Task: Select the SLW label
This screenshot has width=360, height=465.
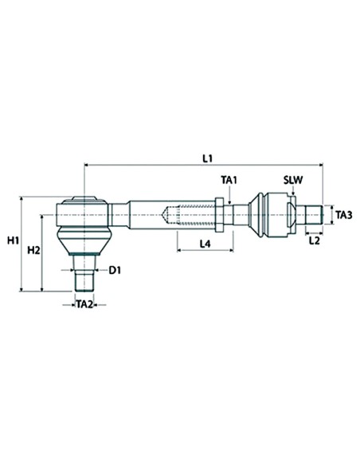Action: coord(294,182)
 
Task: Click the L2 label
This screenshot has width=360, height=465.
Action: coord(314,240)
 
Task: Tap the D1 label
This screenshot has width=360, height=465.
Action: coord(115,271)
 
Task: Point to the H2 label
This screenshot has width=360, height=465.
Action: coord(33,251)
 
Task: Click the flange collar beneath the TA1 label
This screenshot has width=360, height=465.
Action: coord(229,215)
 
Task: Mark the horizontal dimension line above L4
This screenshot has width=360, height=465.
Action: coord(204,250)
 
